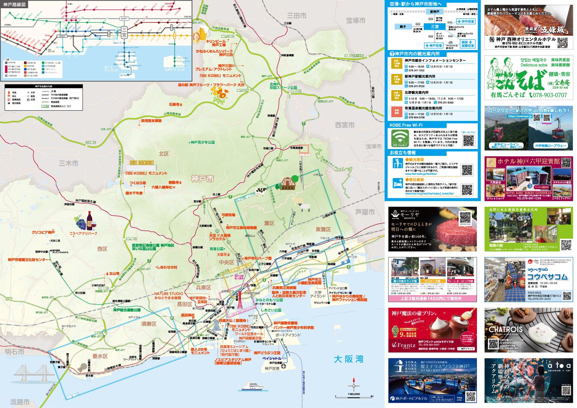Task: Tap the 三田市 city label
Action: [x=296, y=16]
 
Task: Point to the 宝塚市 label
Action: [x=355, y=21]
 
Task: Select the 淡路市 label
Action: [x=20, y=401]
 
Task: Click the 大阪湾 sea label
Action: [x=348, y=359]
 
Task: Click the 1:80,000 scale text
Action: [x=354, y=394]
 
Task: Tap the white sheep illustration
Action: [x=304, y=207]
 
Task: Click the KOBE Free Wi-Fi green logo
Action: [x=400, y=138]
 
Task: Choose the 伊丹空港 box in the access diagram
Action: [x=466, y=22]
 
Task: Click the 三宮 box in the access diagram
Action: [x=435, y=26]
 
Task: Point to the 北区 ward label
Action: [x=163, y=154]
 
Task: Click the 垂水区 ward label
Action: [x=100, y=356]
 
